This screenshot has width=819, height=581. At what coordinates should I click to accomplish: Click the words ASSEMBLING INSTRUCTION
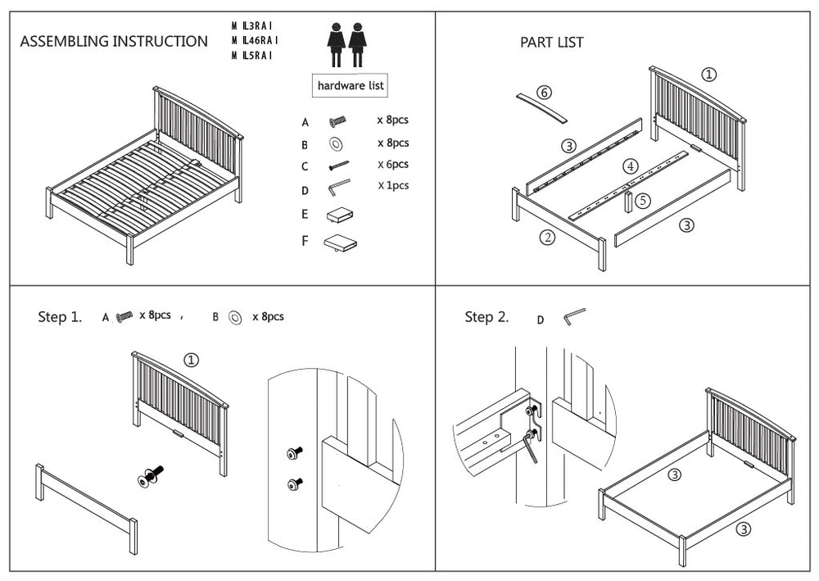point(113,42)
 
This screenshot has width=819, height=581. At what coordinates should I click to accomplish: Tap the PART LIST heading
point(552,43)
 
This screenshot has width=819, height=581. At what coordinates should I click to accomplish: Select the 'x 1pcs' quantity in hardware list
point(393,185)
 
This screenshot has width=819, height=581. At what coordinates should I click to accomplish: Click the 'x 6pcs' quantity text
point(393,164)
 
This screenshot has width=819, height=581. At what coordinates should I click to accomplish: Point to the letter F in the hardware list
point(305,241)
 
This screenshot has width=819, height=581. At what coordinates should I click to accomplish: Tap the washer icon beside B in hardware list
point(337,144)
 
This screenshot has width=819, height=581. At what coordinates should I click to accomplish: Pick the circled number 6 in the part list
point(544,92)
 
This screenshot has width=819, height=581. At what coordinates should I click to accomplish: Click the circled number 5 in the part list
point(644,199)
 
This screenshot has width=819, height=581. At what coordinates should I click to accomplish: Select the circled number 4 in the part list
point(630,166)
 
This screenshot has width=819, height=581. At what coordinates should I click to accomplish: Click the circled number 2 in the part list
point(548,238)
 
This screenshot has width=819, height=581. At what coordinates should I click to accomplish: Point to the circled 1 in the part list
point(709,75)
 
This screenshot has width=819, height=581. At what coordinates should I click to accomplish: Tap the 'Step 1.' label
point(60,317)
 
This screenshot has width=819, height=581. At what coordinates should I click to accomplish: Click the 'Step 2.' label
point(486,317)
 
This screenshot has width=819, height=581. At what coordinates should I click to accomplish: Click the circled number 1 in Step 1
point(191,360)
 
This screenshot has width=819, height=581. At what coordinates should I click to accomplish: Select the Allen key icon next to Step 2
point(573,316)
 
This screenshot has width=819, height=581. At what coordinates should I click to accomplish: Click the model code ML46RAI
point(256,40)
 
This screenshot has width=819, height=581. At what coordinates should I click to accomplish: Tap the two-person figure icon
point(346,43)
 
